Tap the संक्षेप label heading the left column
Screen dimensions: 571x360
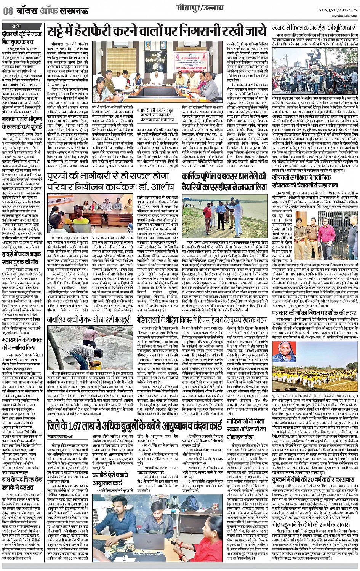coord(16,26)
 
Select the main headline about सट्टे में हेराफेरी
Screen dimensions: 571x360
coord(157,30)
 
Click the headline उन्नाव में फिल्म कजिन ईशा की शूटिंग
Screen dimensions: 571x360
coord(315,28)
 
